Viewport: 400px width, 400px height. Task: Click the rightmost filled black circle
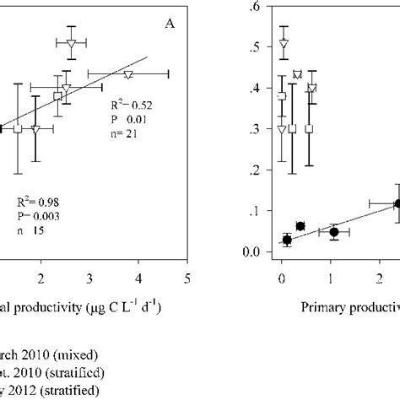398,203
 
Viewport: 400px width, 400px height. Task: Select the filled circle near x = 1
334,231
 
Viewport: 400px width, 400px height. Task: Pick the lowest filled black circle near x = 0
287,240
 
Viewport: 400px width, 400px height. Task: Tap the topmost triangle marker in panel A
72,44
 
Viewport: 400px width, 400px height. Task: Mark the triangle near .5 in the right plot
284,44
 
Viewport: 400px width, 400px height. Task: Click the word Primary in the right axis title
324,307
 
